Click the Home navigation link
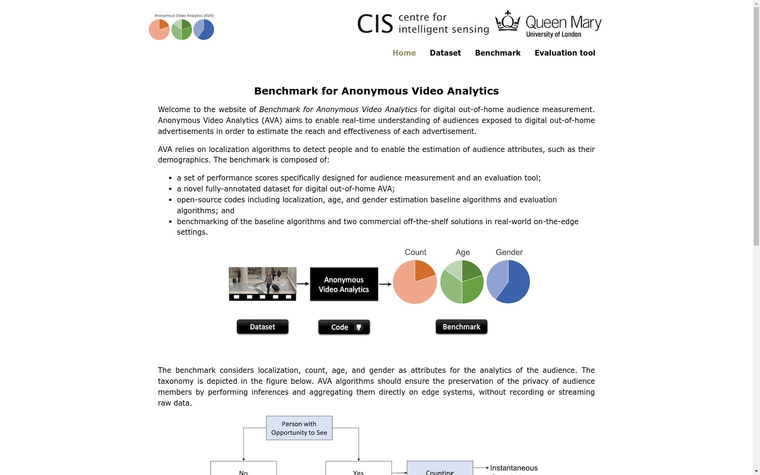pos(404,53)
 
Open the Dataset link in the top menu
pos(445,53)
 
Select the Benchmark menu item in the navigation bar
pos(497,53)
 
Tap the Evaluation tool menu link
pos(565,53)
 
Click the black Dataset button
pos(263,327)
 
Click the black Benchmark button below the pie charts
pos(461,327)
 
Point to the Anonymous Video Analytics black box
pos(344,285)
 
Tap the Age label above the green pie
pos(463,252)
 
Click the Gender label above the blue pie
pos(509,252)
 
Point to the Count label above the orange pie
pos(415,252)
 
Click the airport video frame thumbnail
pos(263,284)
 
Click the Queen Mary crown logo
pos(508,21)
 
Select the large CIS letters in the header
pos(375,24)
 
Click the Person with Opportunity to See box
pos(299,428)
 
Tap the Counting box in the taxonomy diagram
pos(440,468)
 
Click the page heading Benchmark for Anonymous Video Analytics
pos(376,91)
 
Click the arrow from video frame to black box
pos(303,284)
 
